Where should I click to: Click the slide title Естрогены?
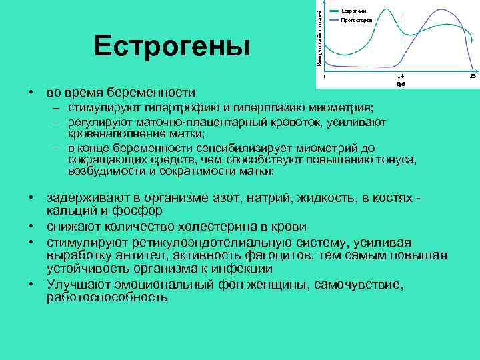tap(172, 47)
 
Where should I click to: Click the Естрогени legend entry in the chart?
tap(353, 10)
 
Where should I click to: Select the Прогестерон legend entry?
tap(356, 21)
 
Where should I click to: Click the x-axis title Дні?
tap(400, 85)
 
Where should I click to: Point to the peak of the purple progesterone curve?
tap(440, 11)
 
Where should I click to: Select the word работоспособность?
tap(107, 297)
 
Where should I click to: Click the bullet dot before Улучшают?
tap(31, 284)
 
